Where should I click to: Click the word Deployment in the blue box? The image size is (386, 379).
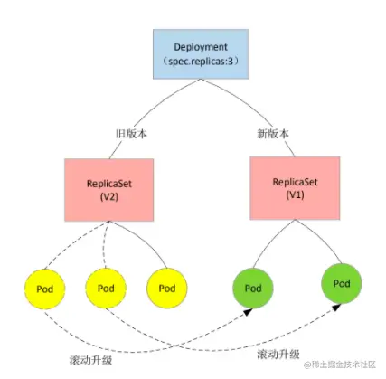201,47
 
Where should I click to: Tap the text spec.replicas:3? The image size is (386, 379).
201,62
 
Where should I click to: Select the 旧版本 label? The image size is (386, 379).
131,134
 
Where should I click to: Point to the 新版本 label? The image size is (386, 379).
273,134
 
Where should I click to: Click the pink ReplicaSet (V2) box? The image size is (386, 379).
109,190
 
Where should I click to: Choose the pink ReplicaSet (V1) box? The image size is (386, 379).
295,188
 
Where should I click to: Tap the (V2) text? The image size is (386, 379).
109,197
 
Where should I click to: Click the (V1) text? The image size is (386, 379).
295,194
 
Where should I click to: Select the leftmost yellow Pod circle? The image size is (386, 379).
45,289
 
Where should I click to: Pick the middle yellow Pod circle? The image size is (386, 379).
106,289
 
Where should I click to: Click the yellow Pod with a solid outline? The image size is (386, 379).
167,289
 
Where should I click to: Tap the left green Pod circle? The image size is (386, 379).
253,289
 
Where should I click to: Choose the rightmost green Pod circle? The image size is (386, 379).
342,283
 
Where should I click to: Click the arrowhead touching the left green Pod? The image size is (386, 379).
248,312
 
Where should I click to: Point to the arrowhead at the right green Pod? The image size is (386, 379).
336,308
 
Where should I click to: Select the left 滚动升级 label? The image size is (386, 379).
90,360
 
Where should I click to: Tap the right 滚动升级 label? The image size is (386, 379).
278,354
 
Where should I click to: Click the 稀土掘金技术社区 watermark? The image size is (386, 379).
340,365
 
